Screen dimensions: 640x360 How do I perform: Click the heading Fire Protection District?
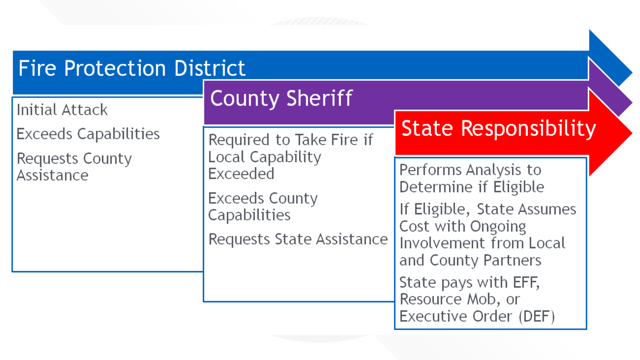(132, 68)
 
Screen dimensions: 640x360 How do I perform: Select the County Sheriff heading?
(281, 99)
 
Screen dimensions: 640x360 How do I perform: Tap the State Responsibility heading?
(499, 129)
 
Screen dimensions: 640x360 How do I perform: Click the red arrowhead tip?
(632, 133)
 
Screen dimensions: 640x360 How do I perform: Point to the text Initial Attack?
(62, 110)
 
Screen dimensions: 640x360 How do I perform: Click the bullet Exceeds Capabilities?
(88, 134)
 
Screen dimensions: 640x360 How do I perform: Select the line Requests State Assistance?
(298, 239)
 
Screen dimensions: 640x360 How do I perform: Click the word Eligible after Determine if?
(519, 187)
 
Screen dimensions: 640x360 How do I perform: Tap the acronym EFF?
(526, 282)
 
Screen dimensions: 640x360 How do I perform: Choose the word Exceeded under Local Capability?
(241, 174)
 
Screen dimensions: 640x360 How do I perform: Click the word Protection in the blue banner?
(115, 68)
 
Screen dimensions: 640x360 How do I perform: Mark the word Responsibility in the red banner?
(529, 129)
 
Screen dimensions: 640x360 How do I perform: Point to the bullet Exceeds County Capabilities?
(263, 207)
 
